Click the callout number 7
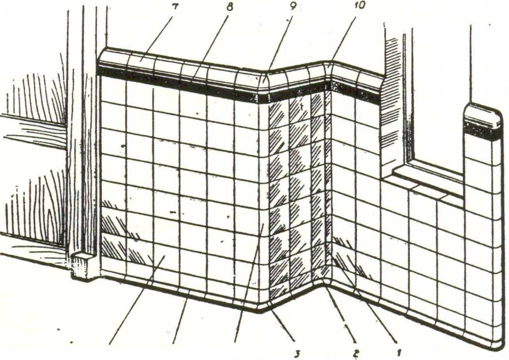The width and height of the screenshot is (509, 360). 175,7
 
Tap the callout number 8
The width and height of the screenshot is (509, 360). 230,7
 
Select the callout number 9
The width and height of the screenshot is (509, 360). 292,6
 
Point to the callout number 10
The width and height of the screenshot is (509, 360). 359,6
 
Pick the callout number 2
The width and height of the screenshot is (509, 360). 356,352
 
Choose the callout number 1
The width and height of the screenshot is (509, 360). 399,352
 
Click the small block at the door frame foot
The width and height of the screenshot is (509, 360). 84,264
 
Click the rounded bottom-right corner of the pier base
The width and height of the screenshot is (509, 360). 500,345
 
